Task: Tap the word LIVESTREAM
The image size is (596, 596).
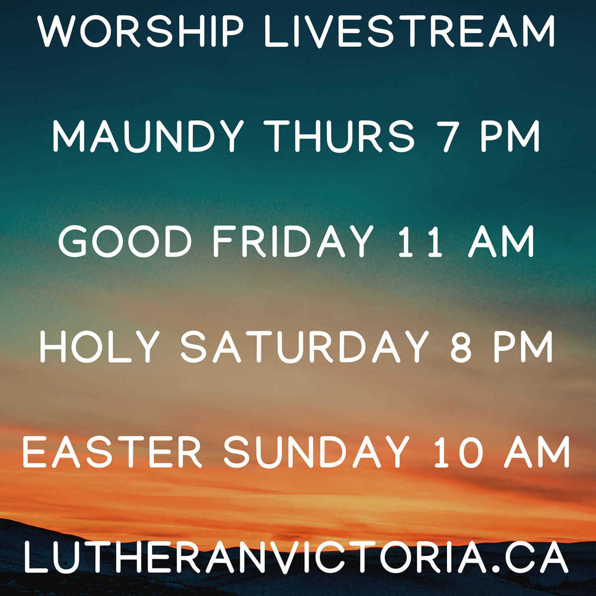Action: pos(409,31)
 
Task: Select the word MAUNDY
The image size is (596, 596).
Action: pos(148,136)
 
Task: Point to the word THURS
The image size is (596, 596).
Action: pos(341,136)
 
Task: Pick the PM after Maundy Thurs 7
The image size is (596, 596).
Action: pos(510,136)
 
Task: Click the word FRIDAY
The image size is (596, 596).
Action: pos(293,241)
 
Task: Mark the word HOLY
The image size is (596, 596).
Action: pos(99,346)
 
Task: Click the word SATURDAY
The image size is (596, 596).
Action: pos(304,346)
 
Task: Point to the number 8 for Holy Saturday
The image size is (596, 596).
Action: pos(460,346)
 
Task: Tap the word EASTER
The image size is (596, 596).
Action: pos(112,451)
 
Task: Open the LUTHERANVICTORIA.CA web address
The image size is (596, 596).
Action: pos(296,557)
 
